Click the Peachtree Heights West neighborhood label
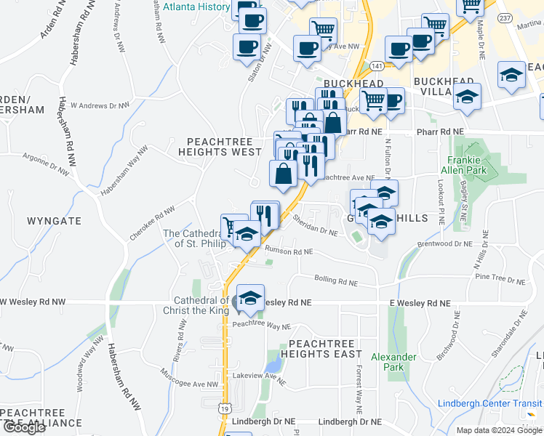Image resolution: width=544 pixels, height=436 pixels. (x=224, y=146)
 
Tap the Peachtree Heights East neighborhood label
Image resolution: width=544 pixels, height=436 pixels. (x=325, y=348)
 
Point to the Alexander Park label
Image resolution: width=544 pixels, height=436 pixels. (x=393, y=362)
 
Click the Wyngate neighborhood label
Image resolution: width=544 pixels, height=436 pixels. (x=55, y=220)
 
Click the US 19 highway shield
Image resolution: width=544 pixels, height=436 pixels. (x=226, y=409)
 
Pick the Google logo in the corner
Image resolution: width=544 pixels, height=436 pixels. (x=23, y=428)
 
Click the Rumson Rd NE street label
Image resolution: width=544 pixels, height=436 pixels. (x=289, y=251)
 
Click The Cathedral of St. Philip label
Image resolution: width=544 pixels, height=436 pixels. (x=191, y=238)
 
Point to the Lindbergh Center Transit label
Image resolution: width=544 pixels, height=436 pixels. (x=490, y=404)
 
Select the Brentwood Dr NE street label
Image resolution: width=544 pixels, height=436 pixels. (x=445, y=244)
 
